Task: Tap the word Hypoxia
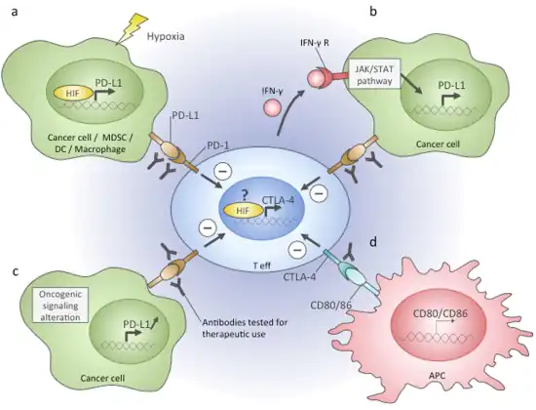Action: tap(166, 36)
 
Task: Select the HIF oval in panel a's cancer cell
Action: tap(73, 93)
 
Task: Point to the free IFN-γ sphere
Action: tap(272, 105)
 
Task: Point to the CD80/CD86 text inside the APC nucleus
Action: tap(440, 313)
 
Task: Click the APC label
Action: tap(437, 376)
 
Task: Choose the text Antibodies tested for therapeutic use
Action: tap(245, 328)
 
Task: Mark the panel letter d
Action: tap(373, 242)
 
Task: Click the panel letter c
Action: tap(15, 272)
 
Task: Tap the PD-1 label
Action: tap(218, 145)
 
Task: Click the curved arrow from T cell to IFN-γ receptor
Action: tap(291, 110)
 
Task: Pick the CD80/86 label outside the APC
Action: tap(331, 305)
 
